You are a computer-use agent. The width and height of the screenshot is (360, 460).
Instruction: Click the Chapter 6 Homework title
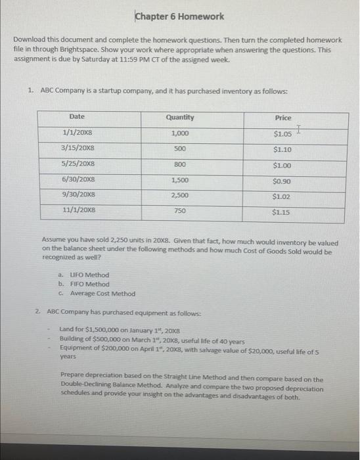pyautogui.click(x=179, y=16)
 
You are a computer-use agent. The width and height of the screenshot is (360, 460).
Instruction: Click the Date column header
pyautogui.click(x=77, y=117)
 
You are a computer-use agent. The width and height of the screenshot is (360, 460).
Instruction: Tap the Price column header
pyautogui.click(x=283, y=118)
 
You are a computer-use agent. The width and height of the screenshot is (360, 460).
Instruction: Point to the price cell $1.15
pyautogui.click(x=282, y=212)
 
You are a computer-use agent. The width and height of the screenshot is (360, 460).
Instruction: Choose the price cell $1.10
pyautogui.click(x=282, y=149)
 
